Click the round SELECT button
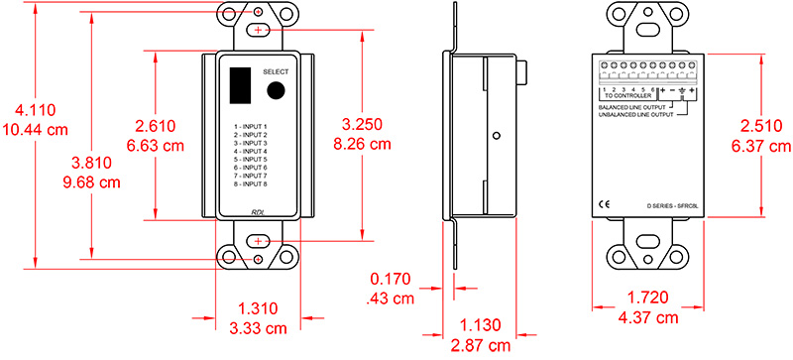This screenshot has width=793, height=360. click(x=277, y=92)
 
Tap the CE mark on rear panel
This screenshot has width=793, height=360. click(x=605, y=205)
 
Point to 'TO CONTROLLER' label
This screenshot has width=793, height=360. click(x=627, y=97)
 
